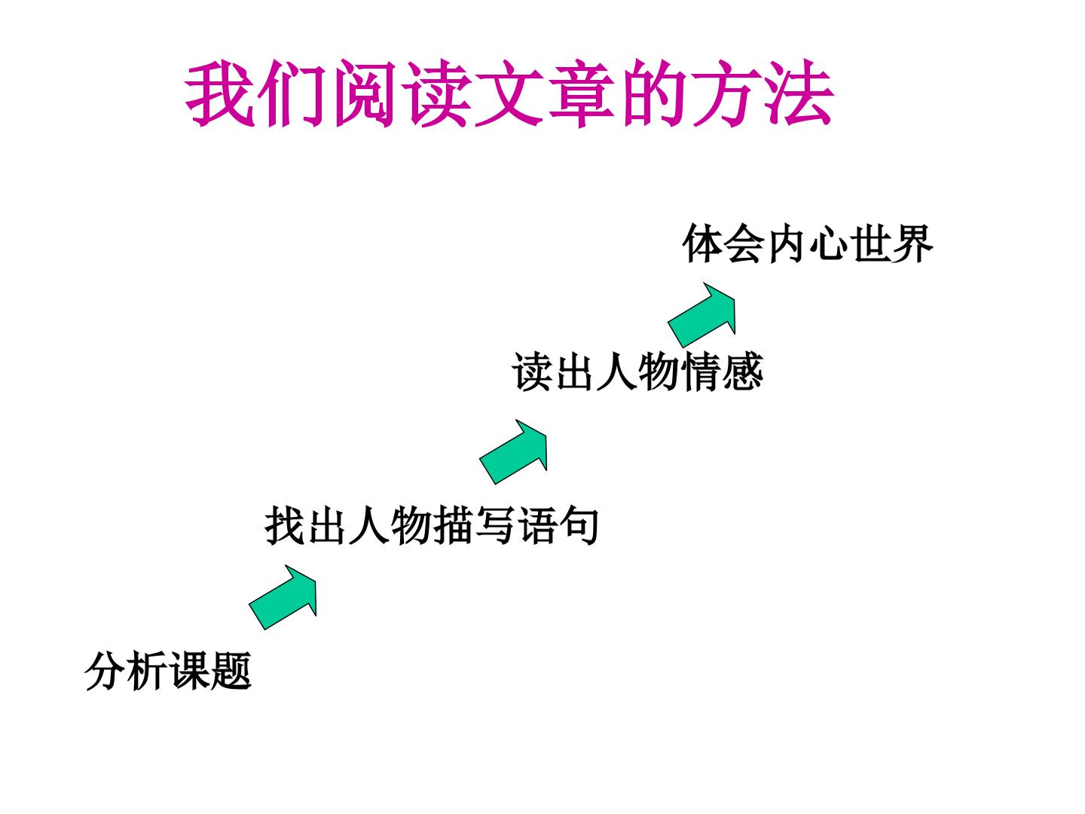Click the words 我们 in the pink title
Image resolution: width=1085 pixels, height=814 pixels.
tap(255, 93)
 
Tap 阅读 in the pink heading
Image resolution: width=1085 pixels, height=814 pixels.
tap(401, 93)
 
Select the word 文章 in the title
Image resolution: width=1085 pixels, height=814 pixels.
tap(544, 93)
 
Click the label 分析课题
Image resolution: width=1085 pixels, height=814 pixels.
tap(168, 671)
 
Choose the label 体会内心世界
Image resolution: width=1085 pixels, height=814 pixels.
tap(807, 243)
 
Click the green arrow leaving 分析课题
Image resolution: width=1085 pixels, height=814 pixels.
tap(283, 597)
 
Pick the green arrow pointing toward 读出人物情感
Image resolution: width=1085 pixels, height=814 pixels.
tap(514, 451)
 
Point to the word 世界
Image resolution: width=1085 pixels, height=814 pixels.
tap(891, 243)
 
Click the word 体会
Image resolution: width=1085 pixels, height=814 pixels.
tap(723, 243)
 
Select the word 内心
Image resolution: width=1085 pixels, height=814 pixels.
tap(807, 243)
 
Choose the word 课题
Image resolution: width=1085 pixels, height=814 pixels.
tap(210, 671)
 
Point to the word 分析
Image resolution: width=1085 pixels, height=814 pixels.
tap(126, 671)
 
